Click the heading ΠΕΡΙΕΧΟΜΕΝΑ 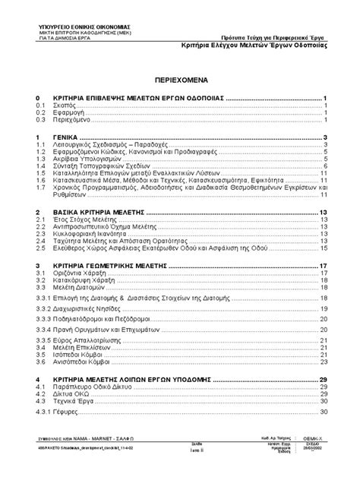[181, 78]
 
